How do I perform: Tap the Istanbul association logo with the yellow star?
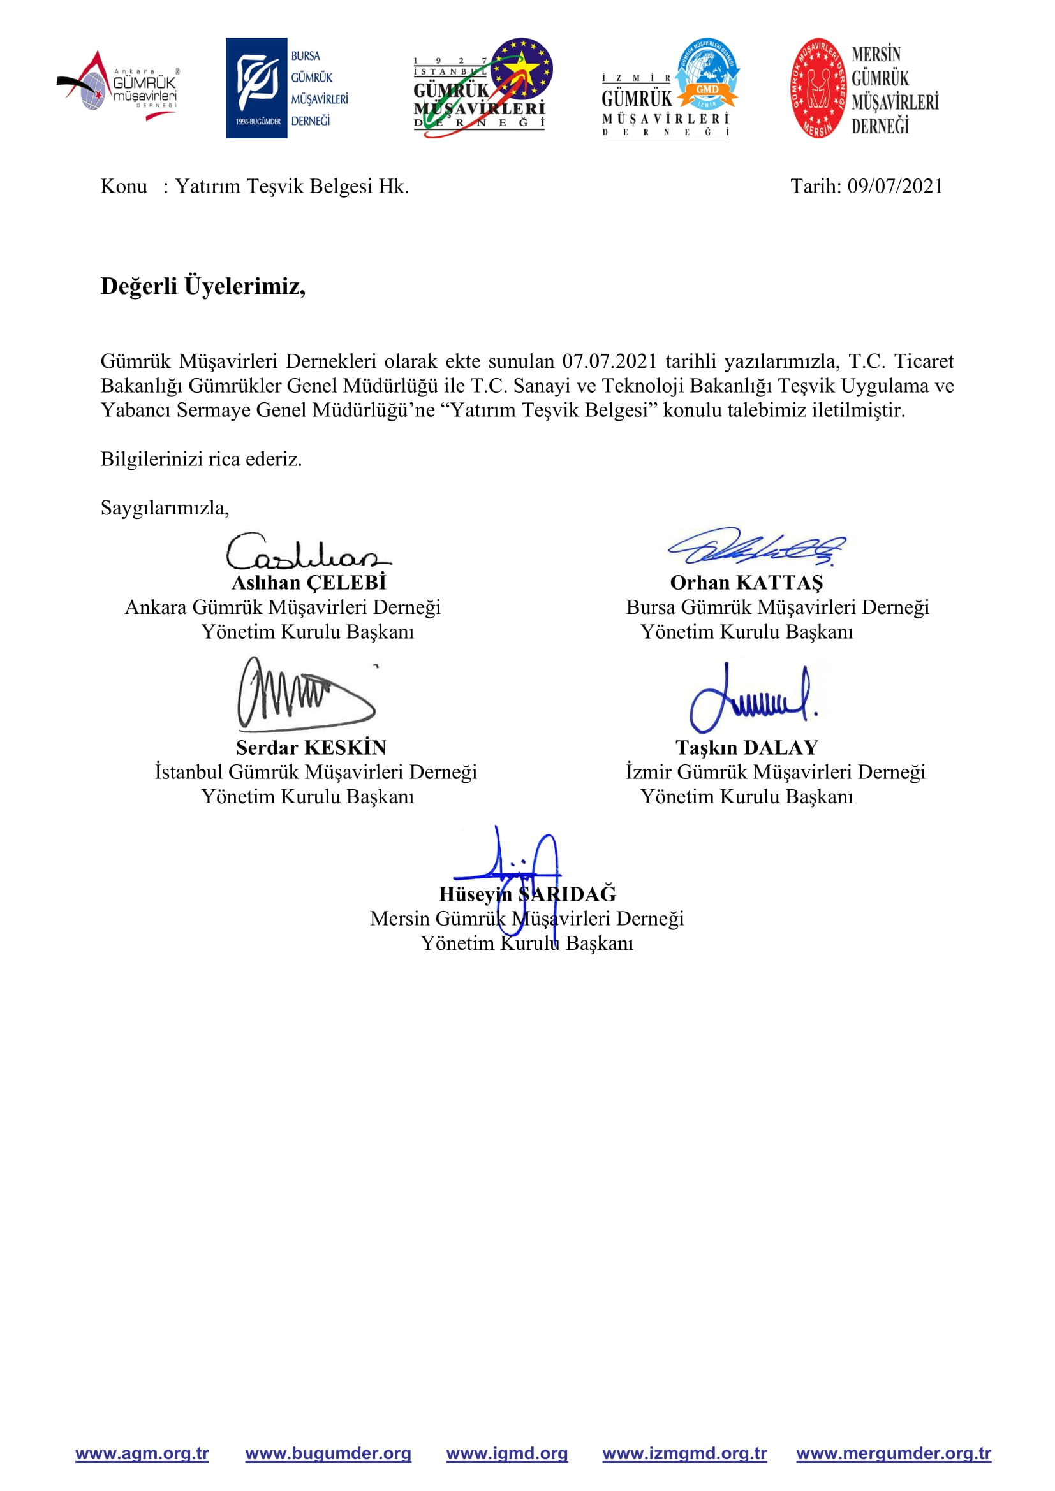click(x=483, y=88)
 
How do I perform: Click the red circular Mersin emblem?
click(x=818, y=88)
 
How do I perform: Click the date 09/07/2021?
click(x=894, y=186)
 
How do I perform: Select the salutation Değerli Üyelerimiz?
click(x=203, y=286)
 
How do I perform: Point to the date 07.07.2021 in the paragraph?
click(x=609, y=361)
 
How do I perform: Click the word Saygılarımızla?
click(x=165, y=508)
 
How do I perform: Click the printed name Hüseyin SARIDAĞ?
click(x=527, y=894)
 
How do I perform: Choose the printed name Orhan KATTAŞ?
click(x=746, y=583)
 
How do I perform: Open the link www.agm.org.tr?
click(x=142, y=1453)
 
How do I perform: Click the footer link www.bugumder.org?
click(x=328, y=1453)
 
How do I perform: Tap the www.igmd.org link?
click(x=506, y=1453)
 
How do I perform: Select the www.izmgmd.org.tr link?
click(x=684, y=1453)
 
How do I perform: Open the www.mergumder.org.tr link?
click(x=893, y=1453)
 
